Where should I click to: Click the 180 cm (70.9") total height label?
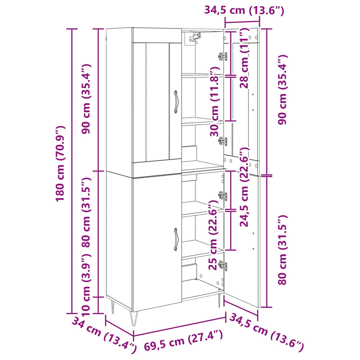pyautogui.click(x=60, y=164)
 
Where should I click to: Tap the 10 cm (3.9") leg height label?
pyautogui.click(x=86, y=284)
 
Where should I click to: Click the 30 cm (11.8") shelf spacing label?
pyautogui.click(x=215, y=102)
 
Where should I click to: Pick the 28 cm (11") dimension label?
pyautogui.click(x=244, y=58)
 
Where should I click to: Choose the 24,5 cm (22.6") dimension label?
pyautogui.click(x=244, y=187)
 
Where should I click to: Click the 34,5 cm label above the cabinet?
pyautogui.click(x=244, y=10)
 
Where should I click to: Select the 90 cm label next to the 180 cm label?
pyautogui.click(x=86, y=99)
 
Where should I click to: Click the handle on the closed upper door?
pyautogui.click(x=176, y=102)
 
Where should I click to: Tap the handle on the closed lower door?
pyautogui.click(x=176, y=240)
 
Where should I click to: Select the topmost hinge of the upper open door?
pyautogui.click(x=223, y=56)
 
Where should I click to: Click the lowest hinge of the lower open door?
pyautogui.click(x=223, y=265)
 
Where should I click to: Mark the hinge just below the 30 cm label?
pyautogui.click(x=223, y=141)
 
